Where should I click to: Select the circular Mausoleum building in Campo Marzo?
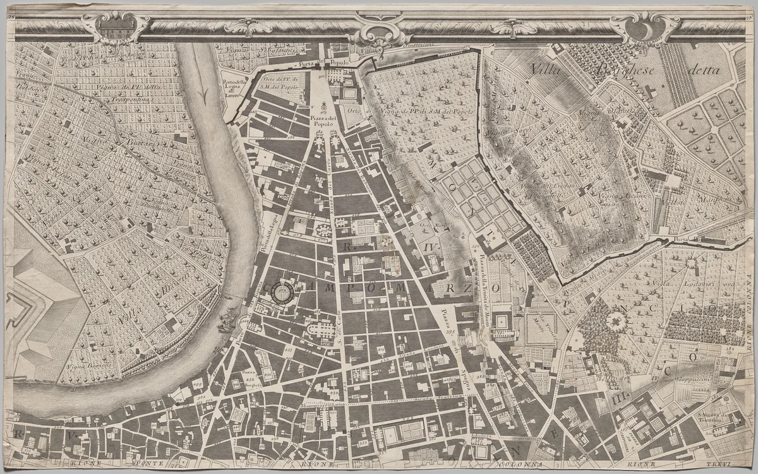282,292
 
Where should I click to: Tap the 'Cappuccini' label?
695,380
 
